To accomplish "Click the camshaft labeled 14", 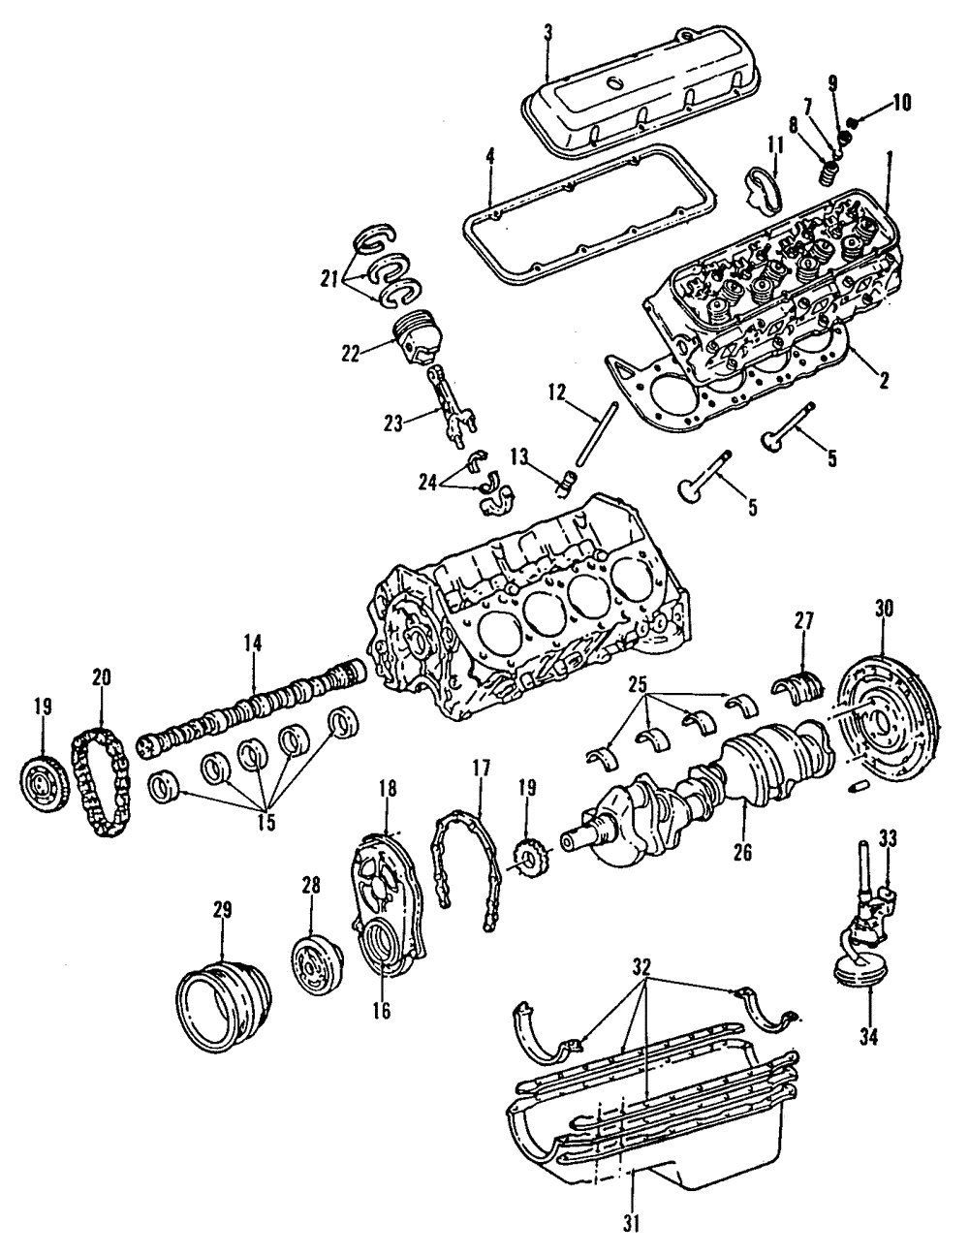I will tap(252, 718).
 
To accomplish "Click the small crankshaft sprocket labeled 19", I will tap(525, 858).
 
